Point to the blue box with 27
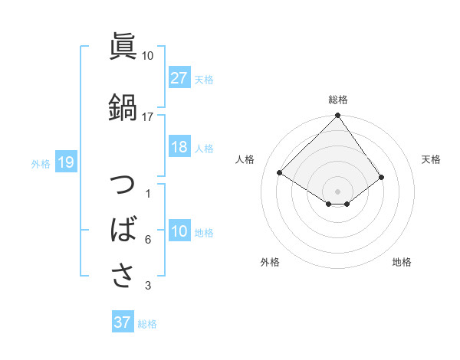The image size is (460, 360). point(179,77)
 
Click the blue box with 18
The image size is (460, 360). point(179,148)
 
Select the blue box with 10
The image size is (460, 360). point(179,232)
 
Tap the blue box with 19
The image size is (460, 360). point(65,162)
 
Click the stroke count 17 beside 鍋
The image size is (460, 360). point(148,116)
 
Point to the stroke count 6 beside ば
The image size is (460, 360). point(148,240)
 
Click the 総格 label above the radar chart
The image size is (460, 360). point(338,100)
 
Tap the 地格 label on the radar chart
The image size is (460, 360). point(402,262)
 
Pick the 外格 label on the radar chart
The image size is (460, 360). point(270,262)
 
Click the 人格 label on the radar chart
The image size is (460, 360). point(245,159)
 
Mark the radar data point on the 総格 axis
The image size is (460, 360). point(338,116)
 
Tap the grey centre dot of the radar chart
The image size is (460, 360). point(337,191)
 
